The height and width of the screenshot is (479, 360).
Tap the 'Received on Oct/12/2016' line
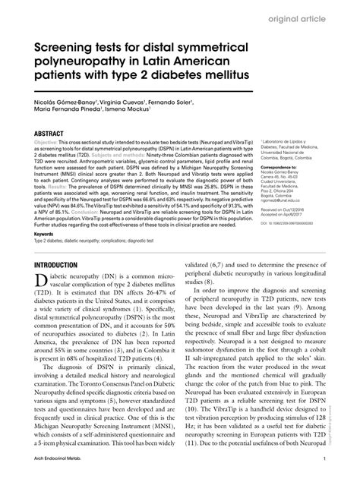(x=281, y=206)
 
